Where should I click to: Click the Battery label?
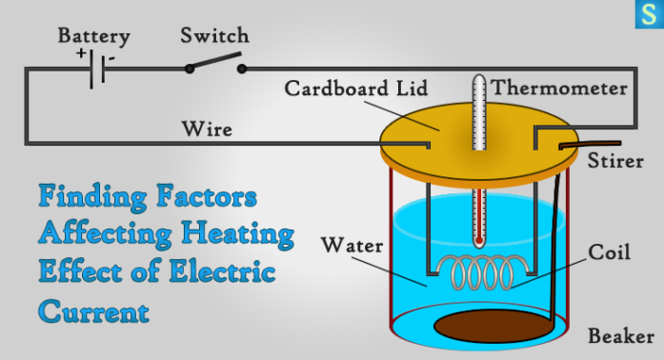[x=93, y=37]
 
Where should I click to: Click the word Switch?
[x=214, y=36]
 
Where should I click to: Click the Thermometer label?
[x=559, y=89]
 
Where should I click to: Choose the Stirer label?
[x=616, y=159]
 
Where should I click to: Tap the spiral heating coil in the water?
[x=475, y=274]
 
